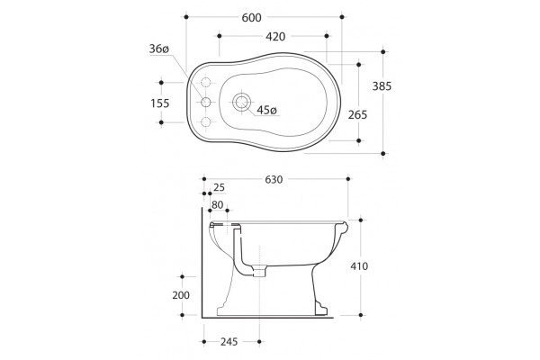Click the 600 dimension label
click(251, 18)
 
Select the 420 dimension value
click(275, 37)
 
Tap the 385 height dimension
click(382, 86)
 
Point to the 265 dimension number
click(358, 114)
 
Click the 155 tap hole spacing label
click(160, 103)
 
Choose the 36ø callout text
click(159, 49)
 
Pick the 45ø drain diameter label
click(266, 110)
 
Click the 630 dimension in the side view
click(274, 179)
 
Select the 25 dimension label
click(219, 187)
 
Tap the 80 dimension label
click(217, 205)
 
